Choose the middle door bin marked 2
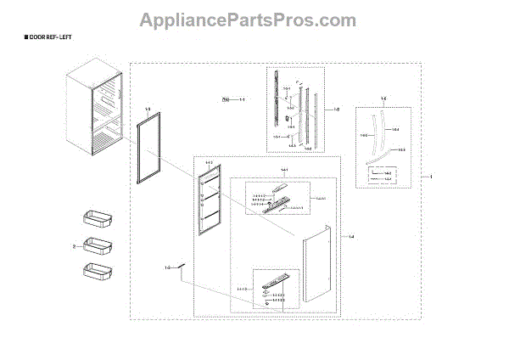coord(96,246)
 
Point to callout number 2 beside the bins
coord(74,246)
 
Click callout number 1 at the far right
coord(431,177)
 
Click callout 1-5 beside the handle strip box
coord(337,109)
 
